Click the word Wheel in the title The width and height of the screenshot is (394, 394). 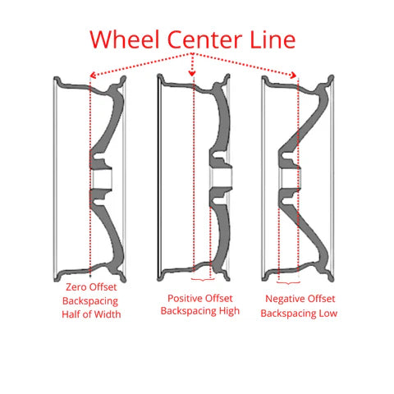[125, 39]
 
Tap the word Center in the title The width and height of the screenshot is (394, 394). [204, 40]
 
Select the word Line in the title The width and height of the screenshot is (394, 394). [273, 39]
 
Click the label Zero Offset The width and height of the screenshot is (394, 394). [91, 287]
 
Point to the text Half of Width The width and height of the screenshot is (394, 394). [91, 314]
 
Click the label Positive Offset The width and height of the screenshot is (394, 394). [200, 298]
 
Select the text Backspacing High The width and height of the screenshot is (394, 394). [200, 311]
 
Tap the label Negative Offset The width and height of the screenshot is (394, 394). [300, 299]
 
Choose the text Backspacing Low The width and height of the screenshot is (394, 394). [299, 314]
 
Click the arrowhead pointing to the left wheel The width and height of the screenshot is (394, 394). [93, 75]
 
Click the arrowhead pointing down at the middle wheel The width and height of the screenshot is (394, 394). [192, 73]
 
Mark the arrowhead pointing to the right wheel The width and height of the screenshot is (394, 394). [294, 75]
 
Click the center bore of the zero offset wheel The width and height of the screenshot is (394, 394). [101, 179]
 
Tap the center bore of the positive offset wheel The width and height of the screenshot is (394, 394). [222, 177]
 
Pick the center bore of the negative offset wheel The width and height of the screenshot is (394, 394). [291, 177]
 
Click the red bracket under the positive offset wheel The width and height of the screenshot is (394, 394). [203, 279]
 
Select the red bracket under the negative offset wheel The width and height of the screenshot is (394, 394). [288, 282]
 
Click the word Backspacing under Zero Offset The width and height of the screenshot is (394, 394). [90, 301]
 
